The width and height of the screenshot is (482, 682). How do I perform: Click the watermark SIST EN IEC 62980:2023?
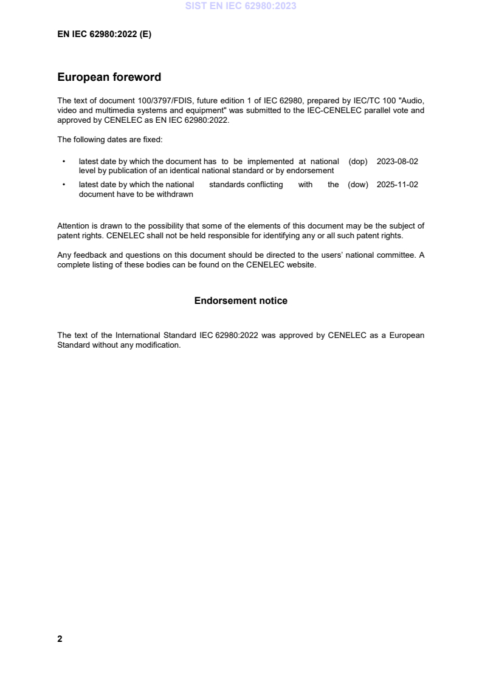241,7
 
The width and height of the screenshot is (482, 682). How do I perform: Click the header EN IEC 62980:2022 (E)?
104,35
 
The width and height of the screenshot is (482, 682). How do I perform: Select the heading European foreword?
109,77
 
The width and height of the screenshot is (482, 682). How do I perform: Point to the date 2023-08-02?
398,162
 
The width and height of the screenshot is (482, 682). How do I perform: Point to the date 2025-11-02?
398,185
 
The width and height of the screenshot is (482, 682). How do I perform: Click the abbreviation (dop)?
359,162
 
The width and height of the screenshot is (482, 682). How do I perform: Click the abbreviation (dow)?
359,185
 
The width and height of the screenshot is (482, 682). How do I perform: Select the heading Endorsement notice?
241,301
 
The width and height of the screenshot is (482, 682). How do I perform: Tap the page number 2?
60,639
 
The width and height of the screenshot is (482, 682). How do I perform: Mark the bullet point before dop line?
64,162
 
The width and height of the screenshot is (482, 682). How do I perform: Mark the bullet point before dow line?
64,185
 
